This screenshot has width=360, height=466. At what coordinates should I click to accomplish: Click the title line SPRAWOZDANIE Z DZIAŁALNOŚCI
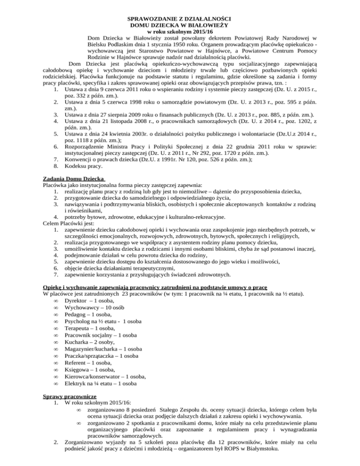180,18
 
